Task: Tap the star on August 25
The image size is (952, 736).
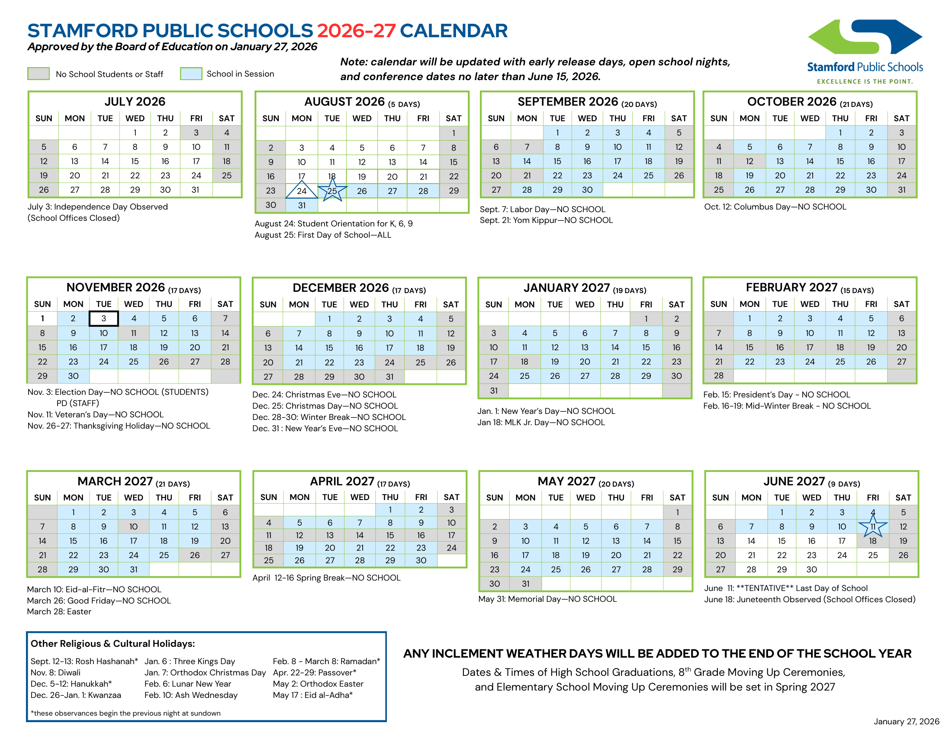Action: click(332, 190)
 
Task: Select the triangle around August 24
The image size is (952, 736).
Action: click(302, 190)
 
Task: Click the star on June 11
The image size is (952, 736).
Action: click(873, 526)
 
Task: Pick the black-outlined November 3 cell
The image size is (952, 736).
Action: click(104, 318)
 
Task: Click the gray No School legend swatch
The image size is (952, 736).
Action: click(39, 74)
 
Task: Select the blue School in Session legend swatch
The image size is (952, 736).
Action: click(191, 74)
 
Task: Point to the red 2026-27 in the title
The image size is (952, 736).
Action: click(356, 30)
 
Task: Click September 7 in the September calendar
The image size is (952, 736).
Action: click(527, 147)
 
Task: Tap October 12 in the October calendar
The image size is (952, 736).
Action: click(749, 161)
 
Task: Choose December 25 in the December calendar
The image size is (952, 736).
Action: click(420, 362)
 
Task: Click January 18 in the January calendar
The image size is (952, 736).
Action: click(524, 362)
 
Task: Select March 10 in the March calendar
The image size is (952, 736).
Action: click(133, 526)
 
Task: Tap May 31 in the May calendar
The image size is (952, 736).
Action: click(526, 584)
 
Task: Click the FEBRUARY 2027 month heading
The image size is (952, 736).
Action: click(791, 287)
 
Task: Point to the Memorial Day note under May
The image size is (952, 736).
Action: click(547, 599)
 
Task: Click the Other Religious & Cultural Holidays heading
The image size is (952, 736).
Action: click(113, 643)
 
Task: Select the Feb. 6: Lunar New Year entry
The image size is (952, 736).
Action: click(187, 684)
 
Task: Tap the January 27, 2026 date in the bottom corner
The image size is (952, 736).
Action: click(906, 721)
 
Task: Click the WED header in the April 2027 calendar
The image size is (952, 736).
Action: click(360, 497)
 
